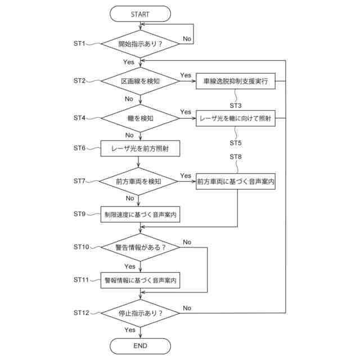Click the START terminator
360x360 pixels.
(140, 14)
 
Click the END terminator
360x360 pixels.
(140, 346)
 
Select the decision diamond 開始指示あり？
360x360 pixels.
(140, 44)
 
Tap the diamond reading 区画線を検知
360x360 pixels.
(140, 81)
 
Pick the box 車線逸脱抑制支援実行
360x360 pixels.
(236, 81)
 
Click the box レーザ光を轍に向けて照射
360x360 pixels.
(236, 119)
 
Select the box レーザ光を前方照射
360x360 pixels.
(140, 148)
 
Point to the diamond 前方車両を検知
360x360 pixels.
(138, 181)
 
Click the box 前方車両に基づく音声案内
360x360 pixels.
(236, 181)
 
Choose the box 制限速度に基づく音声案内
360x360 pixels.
(140, 214)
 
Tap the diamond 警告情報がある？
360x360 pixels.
(140, 247)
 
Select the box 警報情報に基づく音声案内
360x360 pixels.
(140, 280)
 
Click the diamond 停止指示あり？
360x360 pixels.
(140, 313)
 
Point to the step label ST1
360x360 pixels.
(79, 43)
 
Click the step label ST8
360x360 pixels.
(236, 157)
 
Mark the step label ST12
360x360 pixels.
(81, 313)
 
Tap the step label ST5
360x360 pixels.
(236, 143)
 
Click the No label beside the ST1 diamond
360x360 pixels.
(187, 39)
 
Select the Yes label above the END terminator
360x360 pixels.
(130, 330)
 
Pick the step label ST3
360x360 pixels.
(236, 106)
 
